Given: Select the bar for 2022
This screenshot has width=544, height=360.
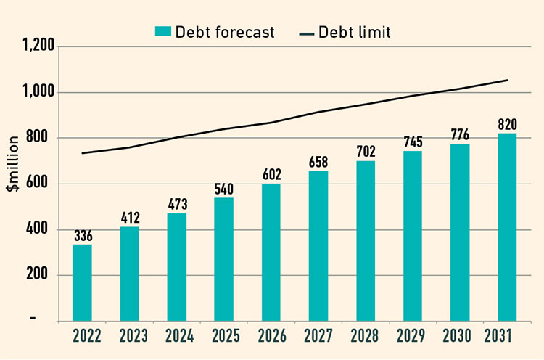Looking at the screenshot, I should (82, 282).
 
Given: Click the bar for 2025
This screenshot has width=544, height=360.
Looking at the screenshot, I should (223, 259).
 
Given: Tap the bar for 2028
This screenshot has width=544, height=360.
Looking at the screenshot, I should (366, 240).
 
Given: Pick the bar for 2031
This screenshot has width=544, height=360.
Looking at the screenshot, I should (507, 226).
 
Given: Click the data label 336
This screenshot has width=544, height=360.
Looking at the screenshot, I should (82, 235).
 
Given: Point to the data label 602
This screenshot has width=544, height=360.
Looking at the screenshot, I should (271, 174).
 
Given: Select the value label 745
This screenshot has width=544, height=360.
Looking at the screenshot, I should (413, 142).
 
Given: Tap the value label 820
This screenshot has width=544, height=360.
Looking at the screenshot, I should (507, 124).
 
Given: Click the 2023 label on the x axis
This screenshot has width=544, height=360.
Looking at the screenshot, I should (129, 336).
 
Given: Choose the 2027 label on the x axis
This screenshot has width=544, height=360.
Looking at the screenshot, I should (318, 336).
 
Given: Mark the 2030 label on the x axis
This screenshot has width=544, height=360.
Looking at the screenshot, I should (460, 336).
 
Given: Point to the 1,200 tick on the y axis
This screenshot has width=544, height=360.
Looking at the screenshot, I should (38, 46).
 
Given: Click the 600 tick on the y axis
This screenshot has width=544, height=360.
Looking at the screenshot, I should (43, 184).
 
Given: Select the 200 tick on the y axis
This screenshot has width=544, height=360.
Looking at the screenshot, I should (43, 275).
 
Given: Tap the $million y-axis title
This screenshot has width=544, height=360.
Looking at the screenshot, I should (13, 183).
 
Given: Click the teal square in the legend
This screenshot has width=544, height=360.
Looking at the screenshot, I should (161, 31).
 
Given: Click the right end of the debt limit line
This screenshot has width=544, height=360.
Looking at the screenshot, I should (507, 80).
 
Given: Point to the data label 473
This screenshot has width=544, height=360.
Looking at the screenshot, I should (176, 204).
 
